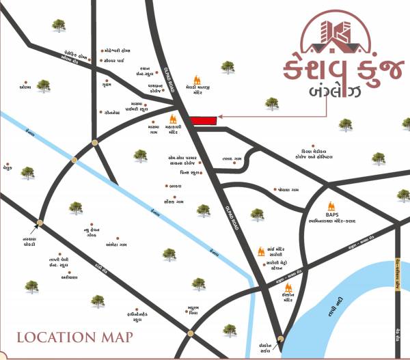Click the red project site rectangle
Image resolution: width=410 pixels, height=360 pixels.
tap(203, 120)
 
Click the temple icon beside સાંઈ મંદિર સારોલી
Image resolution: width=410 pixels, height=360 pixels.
tap(260, 252)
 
